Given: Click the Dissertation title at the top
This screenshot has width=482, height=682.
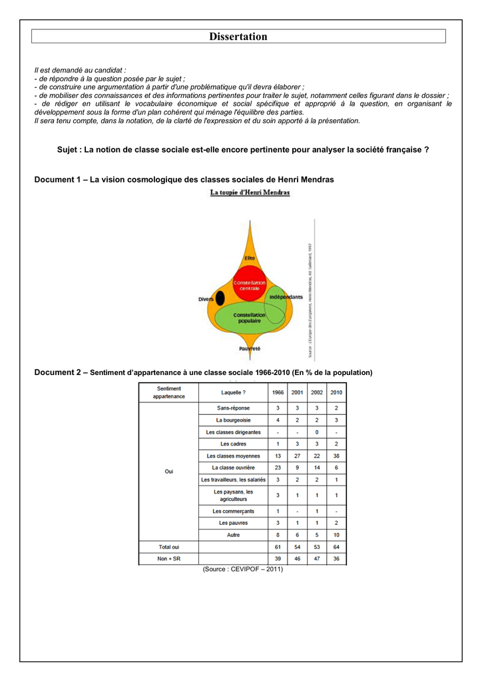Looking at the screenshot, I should (238, 37).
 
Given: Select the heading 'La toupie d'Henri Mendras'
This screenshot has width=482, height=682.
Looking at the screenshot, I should (250, 192).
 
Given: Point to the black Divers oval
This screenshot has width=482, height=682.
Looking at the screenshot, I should (220, 299).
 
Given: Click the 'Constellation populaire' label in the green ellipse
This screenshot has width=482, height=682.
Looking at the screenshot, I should (249, 318).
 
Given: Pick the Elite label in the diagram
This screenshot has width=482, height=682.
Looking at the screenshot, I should (250, 258).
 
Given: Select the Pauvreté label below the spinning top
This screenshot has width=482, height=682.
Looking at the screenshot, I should (250, 348).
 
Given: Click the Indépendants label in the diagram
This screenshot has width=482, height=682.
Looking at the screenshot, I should (286, 297).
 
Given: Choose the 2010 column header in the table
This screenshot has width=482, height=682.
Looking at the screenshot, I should (336, 392).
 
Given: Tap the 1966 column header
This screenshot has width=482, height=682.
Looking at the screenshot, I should (278, 392).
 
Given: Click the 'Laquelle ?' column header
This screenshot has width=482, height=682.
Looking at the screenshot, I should (233, 392).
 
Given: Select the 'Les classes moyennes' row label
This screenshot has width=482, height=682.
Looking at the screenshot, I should (233, 456).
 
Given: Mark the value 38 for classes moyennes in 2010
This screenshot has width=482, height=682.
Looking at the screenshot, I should (336, 456).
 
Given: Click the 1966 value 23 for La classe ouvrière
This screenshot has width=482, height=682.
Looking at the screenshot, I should (278, 468).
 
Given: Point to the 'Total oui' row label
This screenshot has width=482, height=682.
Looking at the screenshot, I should (168, 547).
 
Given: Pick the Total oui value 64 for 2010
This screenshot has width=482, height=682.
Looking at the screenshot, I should (336, 547).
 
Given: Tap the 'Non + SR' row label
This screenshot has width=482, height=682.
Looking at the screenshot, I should (168, 559).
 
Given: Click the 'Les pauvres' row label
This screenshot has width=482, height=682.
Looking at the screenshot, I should (233, 523).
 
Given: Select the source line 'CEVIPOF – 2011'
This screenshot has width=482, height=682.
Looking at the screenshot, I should (243, 569).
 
